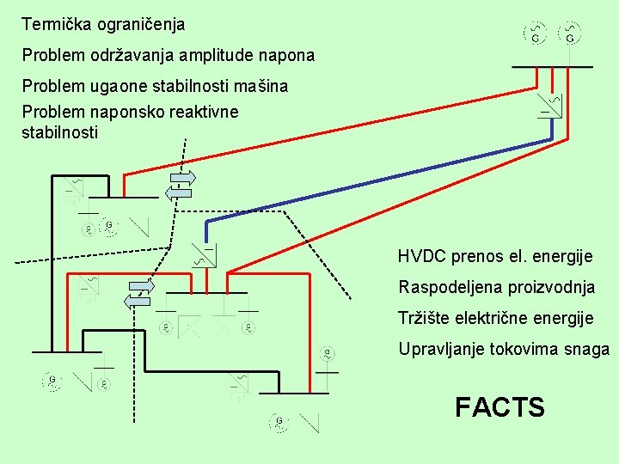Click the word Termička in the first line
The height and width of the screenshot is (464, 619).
[53, 24]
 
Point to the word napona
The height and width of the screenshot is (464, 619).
[291, 57]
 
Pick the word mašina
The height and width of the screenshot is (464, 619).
[263, 86]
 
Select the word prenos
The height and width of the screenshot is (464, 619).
[477, 257]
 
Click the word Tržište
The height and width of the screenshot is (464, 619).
[423, 318]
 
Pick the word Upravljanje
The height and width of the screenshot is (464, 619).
[438, 350]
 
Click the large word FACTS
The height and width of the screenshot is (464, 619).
[499, 406]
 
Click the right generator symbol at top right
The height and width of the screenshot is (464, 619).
[570, 33]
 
